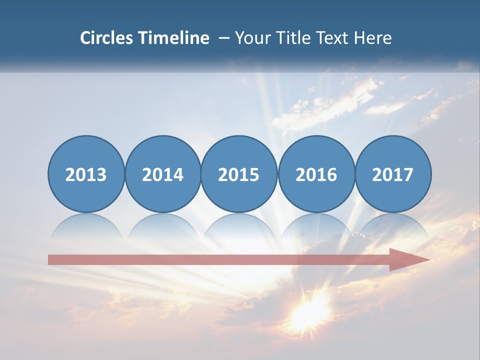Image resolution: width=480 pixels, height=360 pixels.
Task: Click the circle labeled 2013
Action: tap(86, 174)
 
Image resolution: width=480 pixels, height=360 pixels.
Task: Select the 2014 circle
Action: tap(163, 174)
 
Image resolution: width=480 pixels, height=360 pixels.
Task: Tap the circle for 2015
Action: tap(239, 174)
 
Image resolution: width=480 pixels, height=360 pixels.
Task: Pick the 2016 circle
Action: tap(316, 174)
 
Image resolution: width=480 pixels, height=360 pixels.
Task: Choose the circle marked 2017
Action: tap(393, 174)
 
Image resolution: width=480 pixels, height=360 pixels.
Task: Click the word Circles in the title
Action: tap(106, 38)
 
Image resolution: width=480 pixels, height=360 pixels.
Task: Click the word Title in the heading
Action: tap(295, 38)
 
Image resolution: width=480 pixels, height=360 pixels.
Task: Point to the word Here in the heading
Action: tap(373, 38)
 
